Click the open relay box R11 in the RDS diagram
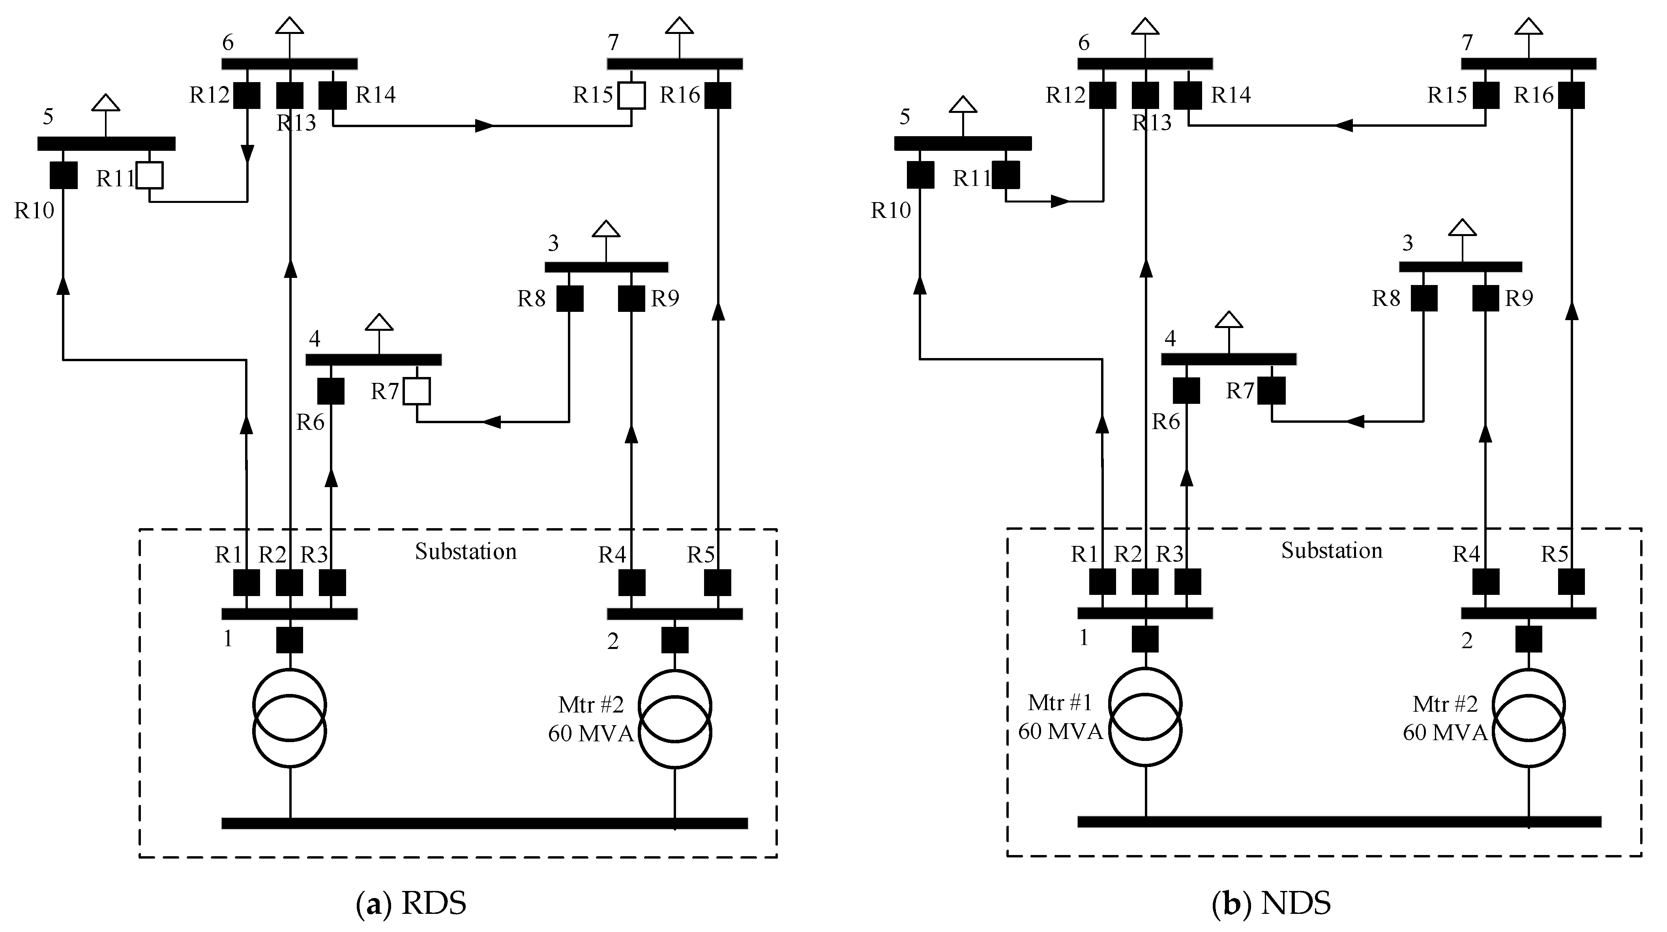click(150, 175)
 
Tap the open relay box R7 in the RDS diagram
click(417, 391)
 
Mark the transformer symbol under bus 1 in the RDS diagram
click(289, 718)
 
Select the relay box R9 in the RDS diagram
click(631, 298)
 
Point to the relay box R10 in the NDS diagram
click(920, 175)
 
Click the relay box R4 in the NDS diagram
click(1486, 582)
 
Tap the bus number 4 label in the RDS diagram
click(315, 339)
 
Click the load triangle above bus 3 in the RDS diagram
click(606, 229)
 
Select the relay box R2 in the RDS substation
click(289, 583)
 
